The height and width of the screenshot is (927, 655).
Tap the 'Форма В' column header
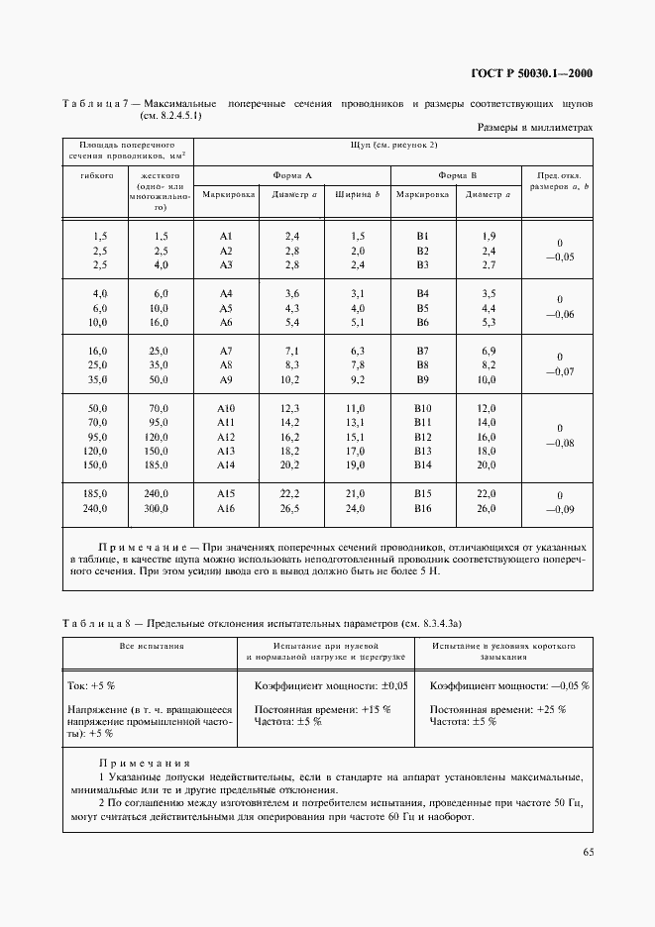pos(457,174)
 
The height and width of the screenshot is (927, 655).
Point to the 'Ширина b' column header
pos(357,195)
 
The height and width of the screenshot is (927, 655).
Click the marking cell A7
pos(225,352)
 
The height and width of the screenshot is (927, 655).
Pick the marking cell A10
pos(226,409)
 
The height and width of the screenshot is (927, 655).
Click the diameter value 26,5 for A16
pos(291,509)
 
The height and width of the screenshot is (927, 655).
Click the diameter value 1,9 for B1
pos(488,236)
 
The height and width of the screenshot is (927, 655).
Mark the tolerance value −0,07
pos(559,372)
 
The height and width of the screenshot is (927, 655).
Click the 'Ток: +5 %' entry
pos(92,685)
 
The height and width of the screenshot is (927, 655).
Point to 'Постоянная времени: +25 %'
pos(498,709)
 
